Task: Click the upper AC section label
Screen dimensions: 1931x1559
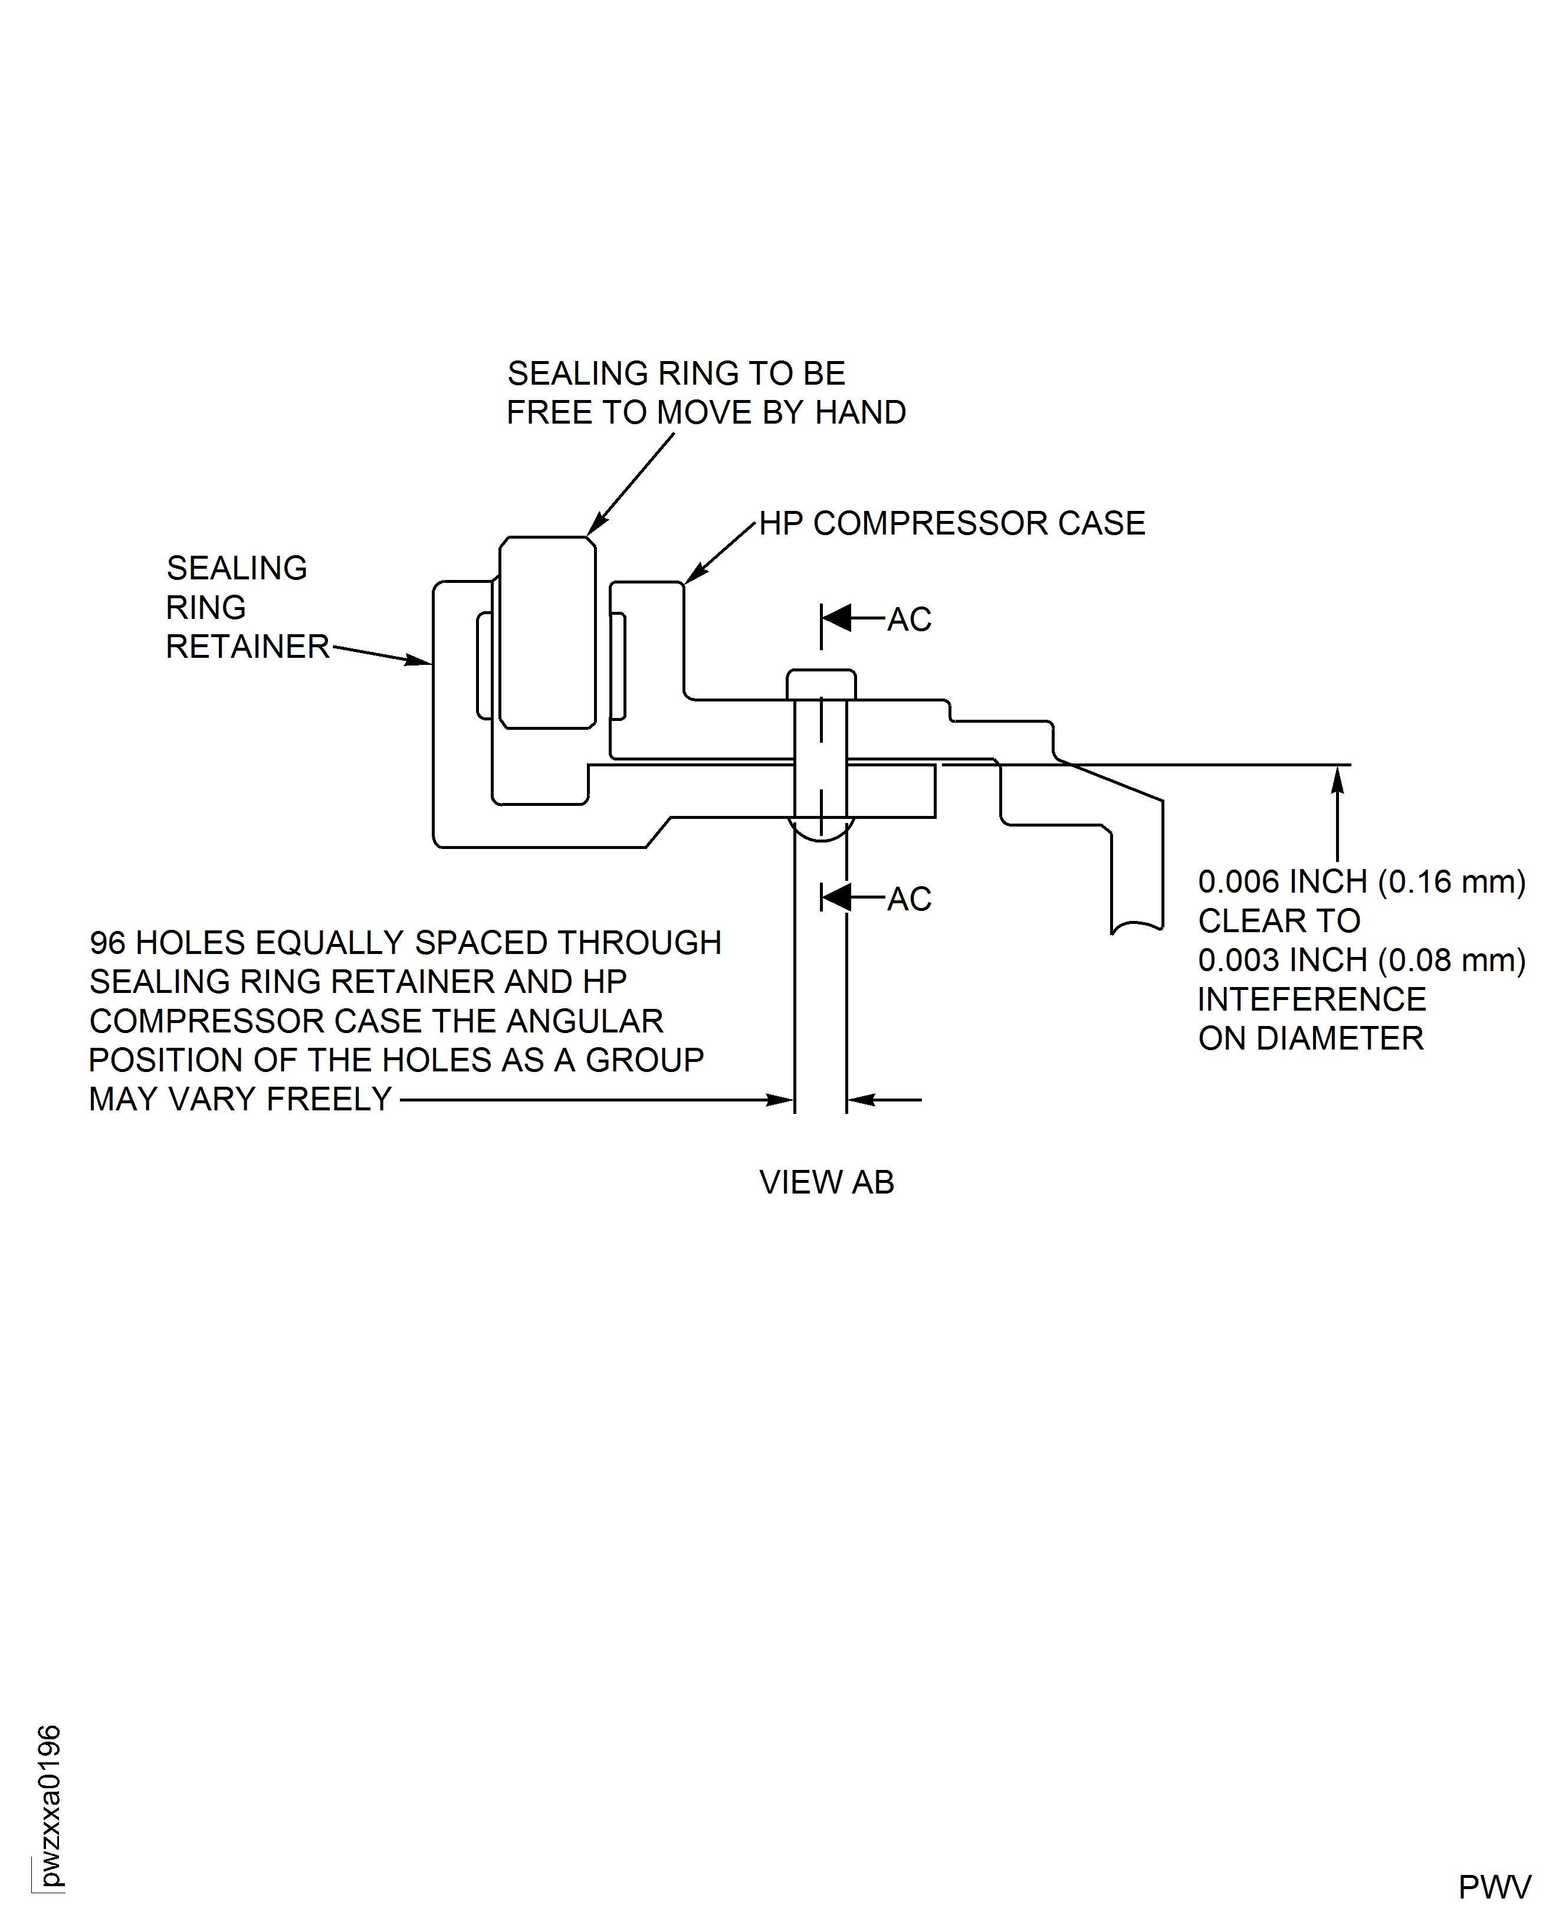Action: pos(909,619)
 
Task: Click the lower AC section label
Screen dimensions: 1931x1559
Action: pos(909,899)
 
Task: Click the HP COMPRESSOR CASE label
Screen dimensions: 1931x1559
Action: pos(952,524)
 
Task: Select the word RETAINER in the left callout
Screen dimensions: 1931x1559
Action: pos(248,647)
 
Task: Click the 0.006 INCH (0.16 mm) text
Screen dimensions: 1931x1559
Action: pos(1361,882)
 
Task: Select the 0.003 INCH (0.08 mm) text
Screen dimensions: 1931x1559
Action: pos(1361,960)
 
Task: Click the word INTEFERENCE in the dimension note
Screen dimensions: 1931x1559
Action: pos(1311,999)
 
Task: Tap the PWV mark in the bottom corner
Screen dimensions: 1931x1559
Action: pos(1494,1887)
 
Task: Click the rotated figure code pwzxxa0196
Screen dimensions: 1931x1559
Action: pos(50,1805)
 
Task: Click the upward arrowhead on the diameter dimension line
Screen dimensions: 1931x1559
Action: pos(1337,779)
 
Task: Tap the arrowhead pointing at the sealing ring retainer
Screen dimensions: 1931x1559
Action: pos(418,661)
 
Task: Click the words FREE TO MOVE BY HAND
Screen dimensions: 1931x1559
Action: pos(706,413)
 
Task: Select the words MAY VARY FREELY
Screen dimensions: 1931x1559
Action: pos(239,1099)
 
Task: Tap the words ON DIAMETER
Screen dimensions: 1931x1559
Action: pos(1310,1039)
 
